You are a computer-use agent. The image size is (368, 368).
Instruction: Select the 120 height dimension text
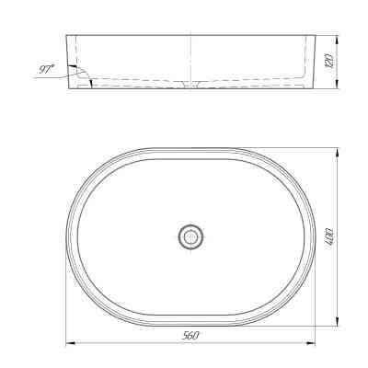pyautogui.click(x=329, y=63)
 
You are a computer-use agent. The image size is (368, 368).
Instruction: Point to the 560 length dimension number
pyautogui.click(x=191, y=337)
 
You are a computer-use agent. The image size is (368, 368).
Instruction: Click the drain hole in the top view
pyautogui.click(x=190, y=236)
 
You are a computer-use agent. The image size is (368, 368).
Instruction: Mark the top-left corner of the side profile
pyautogui.click(x=69, y=37)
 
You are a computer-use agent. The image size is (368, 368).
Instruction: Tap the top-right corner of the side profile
pyautogui.click(x=314, y=37)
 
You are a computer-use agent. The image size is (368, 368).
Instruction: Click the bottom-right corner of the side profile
pyautogui.click(x=314, y=88)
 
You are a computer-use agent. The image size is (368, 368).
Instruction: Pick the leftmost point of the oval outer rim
pyautogui.click(x=67, y=236)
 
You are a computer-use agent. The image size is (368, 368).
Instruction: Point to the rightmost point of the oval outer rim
pyautogui.click(x=315, y=236)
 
